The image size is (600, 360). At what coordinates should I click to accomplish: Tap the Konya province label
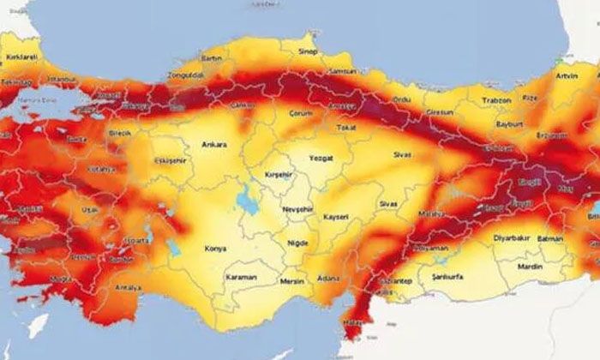pyautogui.click(x=214, y=249)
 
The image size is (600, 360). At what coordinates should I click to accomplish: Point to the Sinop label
pyautogui.click(x=307, y=51)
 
